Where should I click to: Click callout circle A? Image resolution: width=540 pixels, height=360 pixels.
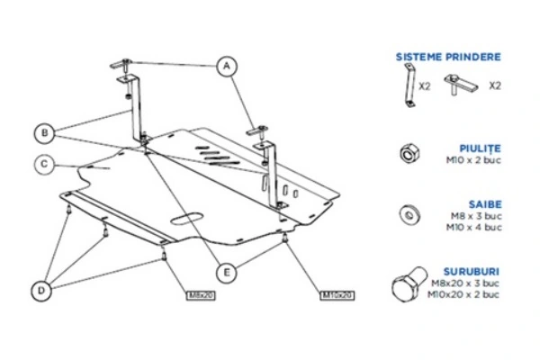coord(227,64)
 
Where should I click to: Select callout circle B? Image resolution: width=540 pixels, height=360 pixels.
coord(43,132)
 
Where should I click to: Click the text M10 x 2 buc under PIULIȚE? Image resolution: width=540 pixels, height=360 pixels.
coord(477,160)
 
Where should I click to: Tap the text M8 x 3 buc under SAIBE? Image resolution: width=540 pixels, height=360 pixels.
coord(479,217)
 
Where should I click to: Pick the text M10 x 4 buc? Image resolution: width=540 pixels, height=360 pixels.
coord(477,228)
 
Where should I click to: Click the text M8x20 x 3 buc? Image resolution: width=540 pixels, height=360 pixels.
coord(472,282)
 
